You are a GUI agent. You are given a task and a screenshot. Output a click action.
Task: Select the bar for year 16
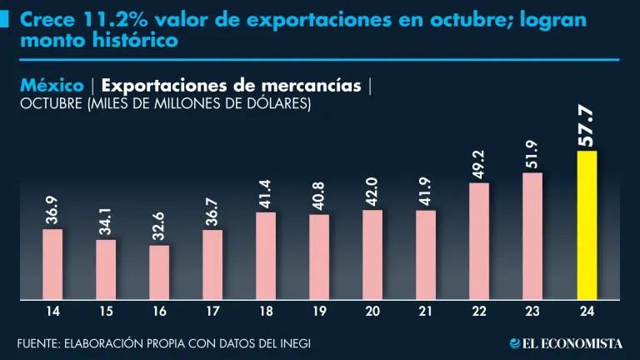click(x=159, y=271)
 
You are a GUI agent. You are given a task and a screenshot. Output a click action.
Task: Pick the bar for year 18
click(x=266, y=255)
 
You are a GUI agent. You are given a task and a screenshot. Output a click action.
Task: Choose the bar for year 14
click(x=52, y=263)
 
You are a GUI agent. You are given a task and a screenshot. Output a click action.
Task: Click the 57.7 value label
click(x=587, y=126)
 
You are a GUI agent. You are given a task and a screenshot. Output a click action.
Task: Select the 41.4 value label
click(x=266, y=193)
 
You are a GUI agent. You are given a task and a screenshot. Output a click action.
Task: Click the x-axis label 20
click(x=372, y=312)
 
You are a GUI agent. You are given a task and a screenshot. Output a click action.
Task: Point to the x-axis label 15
click(x=106, y=312)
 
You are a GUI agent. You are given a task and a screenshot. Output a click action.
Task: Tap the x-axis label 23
click(x=532, y=312)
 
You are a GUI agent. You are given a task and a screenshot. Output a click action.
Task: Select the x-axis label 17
click(x=212, y=312)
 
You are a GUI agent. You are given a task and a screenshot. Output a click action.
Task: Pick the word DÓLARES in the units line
click(x=280, y=103)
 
